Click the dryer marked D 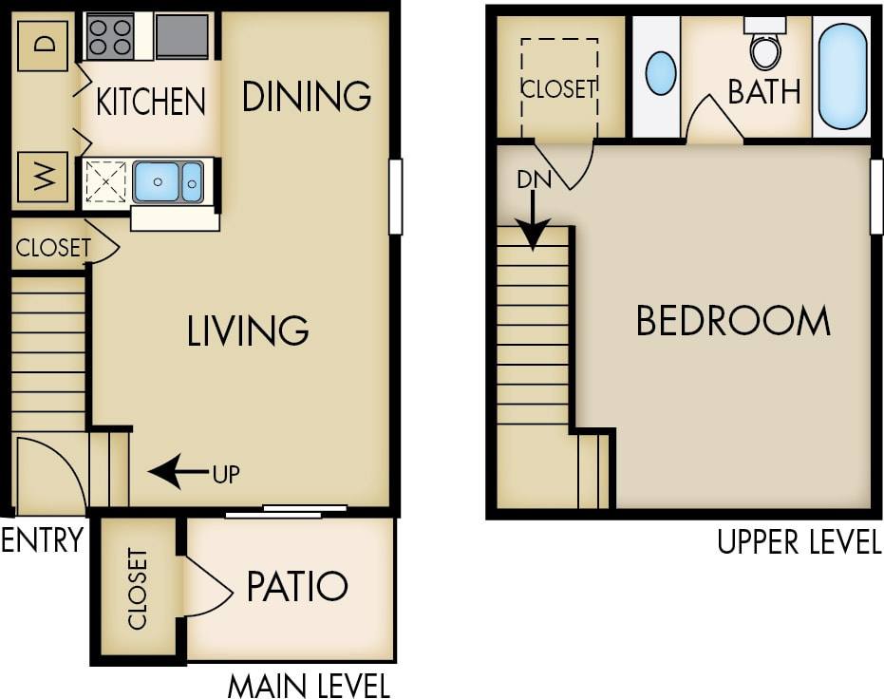(43, 44)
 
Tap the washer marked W (43, 176)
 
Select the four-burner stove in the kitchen (109, 37)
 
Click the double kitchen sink (168, 180)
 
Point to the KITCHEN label (151, 101)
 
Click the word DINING (306, 96)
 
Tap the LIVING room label (248, 331)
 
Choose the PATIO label (297, 586)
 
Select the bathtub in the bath (842, 76)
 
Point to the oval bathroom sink (661, 73)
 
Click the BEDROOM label (732, 322)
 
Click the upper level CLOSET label (558, 88)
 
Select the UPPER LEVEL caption (799, 542)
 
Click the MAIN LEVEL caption (308, 684)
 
